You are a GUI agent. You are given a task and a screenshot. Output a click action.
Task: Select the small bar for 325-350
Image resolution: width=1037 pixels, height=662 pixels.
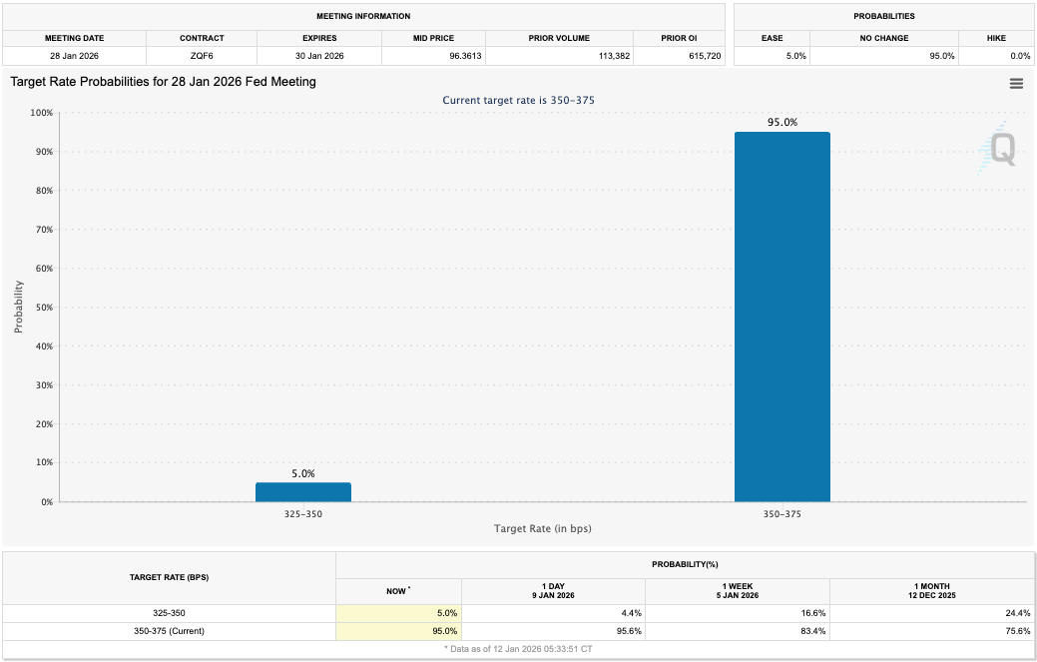tap(302, 492)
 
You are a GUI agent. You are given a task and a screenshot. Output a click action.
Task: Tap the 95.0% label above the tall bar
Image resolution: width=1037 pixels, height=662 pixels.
tap(781, 123)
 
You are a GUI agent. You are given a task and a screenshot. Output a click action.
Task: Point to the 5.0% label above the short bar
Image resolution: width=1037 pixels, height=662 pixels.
tap(303, 474)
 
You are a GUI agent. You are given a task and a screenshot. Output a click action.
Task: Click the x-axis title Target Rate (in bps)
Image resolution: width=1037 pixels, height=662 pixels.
tap(542, 528)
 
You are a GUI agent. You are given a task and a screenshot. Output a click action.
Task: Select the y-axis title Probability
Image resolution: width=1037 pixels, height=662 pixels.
tap(18, 307)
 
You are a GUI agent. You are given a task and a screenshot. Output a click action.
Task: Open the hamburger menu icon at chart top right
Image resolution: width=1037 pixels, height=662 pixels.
tap(1016, 84)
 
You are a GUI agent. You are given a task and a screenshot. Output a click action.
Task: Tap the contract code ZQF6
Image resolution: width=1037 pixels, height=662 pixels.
tap(201, 56)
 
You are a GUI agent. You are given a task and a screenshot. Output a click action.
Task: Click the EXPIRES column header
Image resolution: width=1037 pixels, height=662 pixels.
tap(319, 38)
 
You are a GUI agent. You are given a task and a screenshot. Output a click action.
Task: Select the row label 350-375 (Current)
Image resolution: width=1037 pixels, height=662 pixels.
tap(169, 631)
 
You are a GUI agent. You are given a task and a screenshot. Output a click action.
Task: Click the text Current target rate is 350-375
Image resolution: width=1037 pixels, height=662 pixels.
tap(518, 100)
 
